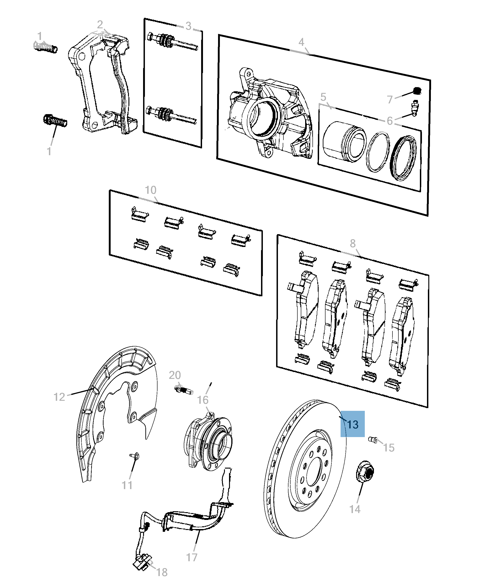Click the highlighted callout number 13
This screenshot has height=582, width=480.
click(352, 424)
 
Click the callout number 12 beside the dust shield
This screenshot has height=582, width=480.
click(59, 397)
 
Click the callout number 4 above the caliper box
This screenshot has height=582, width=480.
click(301, 42)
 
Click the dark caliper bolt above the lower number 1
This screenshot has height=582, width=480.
click(55, 121)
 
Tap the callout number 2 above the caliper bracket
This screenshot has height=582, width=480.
click(100, 25)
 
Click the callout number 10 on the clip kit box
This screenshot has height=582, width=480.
click(151, 190)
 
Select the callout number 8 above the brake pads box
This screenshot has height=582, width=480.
click(352, 243)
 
